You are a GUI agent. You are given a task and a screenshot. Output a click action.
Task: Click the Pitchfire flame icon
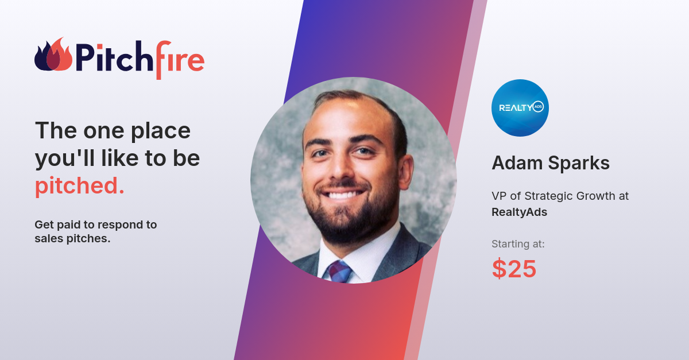(x=53, y=56)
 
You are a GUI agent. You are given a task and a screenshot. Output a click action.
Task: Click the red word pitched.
(x=79, y=186)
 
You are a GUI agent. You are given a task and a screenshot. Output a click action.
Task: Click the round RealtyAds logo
(x=520, y=107)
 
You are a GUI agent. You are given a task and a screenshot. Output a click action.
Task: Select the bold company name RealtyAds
(x=519, y=212)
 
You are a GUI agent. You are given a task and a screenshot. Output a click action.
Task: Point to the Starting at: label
(x=518, y=244)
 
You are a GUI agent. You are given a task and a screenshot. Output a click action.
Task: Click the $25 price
(x=514, y=269)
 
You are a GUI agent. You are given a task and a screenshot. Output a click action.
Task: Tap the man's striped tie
(x=339, y=270)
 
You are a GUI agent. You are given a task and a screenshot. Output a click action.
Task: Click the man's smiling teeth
(x=343, y=195)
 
